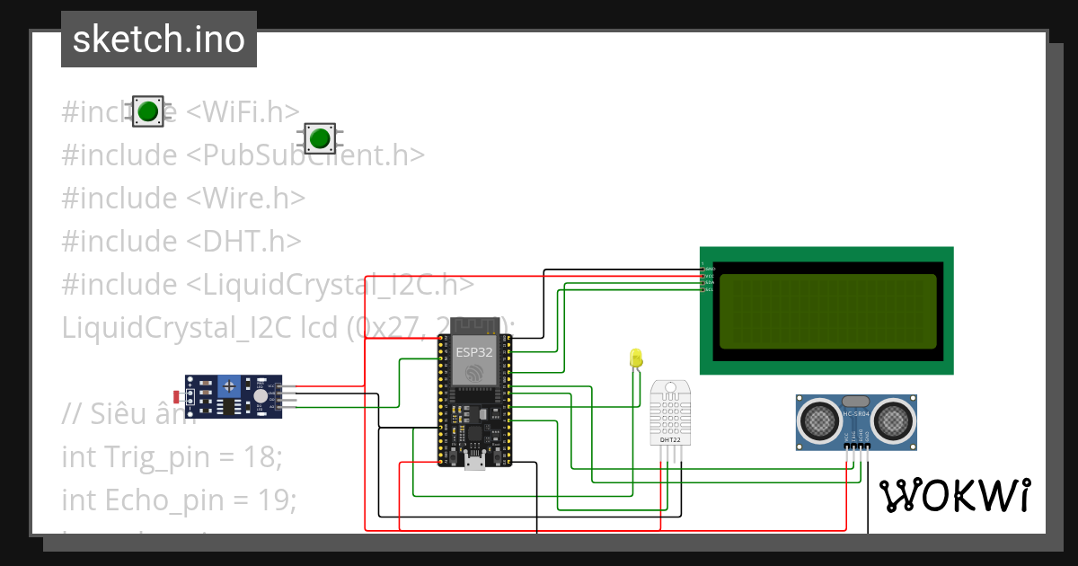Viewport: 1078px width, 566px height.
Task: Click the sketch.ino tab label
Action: (x=158, y=40)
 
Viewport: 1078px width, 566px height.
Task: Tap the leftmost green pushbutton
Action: (x=147, y=111)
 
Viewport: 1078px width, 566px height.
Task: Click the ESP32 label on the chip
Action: (x=473, y=351)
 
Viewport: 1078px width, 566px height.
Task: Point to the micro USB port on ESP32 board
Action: (x=473, y=461)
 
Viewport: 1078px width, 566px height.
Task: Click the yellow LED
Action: (x=636, y=358)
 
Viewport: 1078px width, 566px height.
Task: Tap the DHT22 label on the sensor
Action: (x=669, y=440)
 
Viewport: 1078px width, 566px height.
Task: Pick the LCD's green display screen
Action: (x=827, y=311)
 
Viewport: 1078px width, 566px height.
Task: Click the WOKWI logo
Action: (x=954, y=495)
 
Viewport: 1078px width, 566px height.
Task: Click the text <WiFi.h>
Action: (x=243, y=112)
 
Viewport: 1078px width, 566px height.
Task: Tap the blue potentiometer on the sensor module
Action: (x=230, y=386)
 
